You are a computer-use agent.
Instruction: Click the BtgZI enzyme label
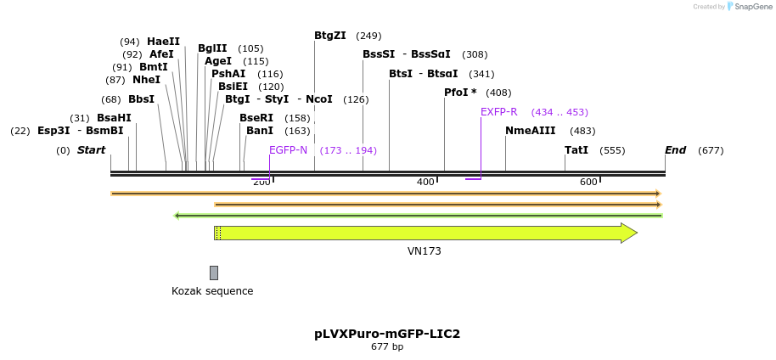point(330,36)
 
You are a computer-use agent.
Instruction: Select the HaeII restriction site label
point(163,42)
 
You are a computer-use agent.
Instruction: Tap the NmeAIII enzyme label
point(530,131)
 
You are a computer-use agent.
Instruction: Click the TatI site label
point(576,150)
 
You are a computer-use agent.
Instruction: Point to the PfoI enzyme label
point(460,93)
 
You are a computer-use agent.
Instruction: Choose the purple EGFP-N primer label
point(288,150)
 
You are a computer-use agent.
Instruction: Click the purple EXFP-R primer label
point(498,112)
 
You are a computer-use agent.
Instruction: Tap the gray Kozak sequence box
point(214,273)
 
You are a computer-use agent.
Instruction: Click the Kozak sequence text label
point(212,291)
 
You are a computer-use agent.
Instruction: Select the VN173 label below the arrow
point(425,251)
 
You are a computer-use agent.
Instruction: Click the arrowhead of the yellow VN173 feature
point(628,233)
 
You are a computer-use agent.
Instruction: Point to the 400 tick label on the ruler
point(425,183)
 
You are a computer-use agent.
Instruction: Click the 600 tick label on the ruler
point(588,183)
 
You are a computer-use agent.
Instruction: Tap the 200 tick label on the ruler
point(261,183)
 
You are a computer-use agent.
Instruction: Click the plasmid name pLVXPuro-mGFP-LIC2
point(387,334)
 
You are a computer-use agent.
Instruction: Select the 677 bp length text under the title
point(387,347)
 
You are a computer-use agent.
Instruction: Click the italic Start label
point(91,150)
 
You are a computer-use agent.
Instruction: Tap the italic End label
point(675,150)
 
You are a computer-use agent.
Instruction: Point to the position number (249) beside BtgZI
point(368,36)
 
